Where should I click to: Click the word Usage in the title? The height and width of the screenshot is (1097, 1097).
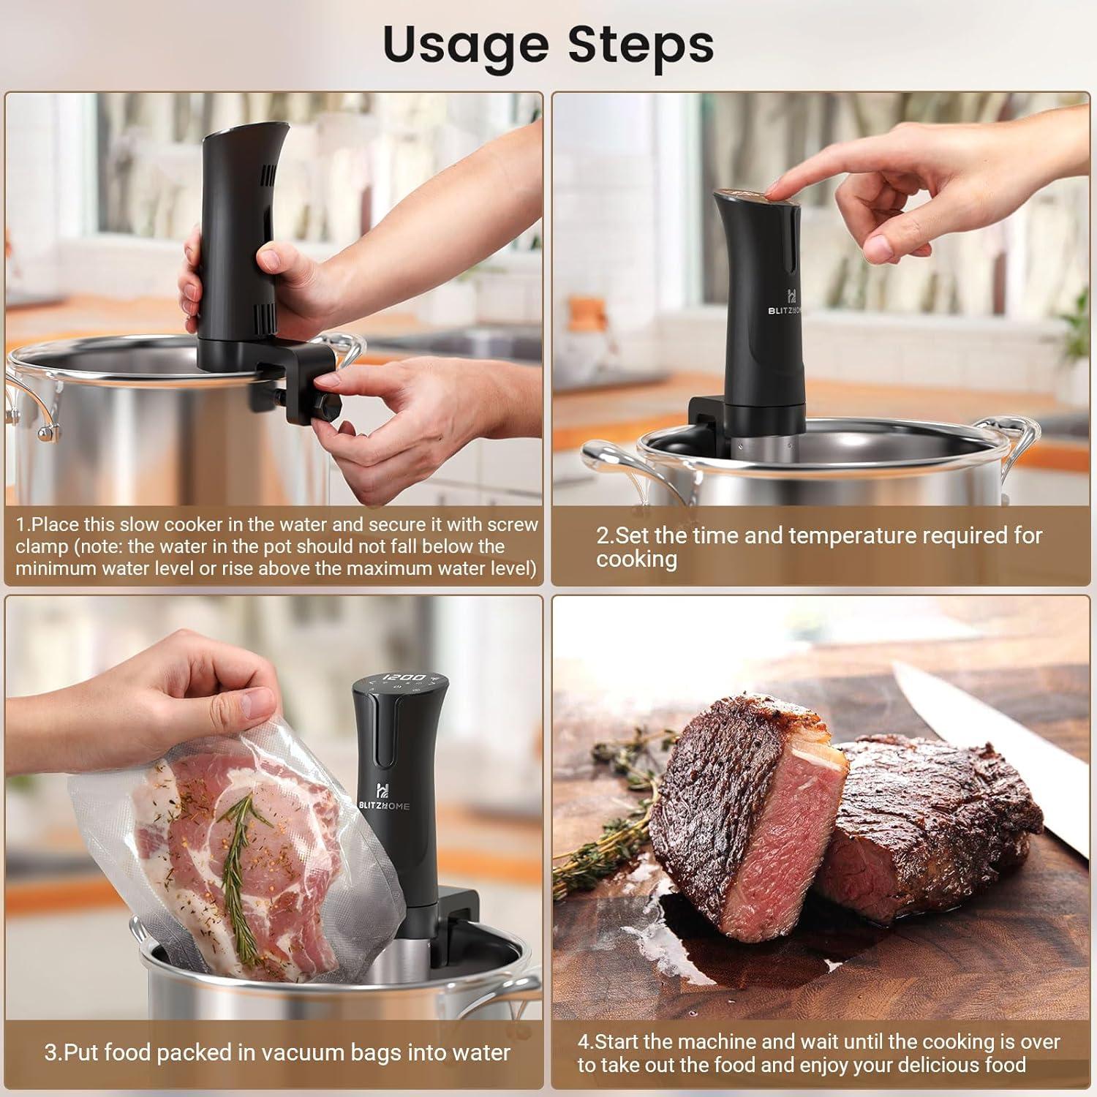tap(465, 45)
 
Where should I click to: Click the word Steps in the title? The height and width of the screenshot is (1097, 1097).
tap(641, 45)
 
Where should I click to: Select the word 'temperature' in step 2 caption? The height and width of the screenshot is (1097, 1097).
tap(852, 535)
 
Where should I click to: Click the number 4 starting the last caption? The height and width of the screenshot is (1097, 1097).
tap(583, 1041)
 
